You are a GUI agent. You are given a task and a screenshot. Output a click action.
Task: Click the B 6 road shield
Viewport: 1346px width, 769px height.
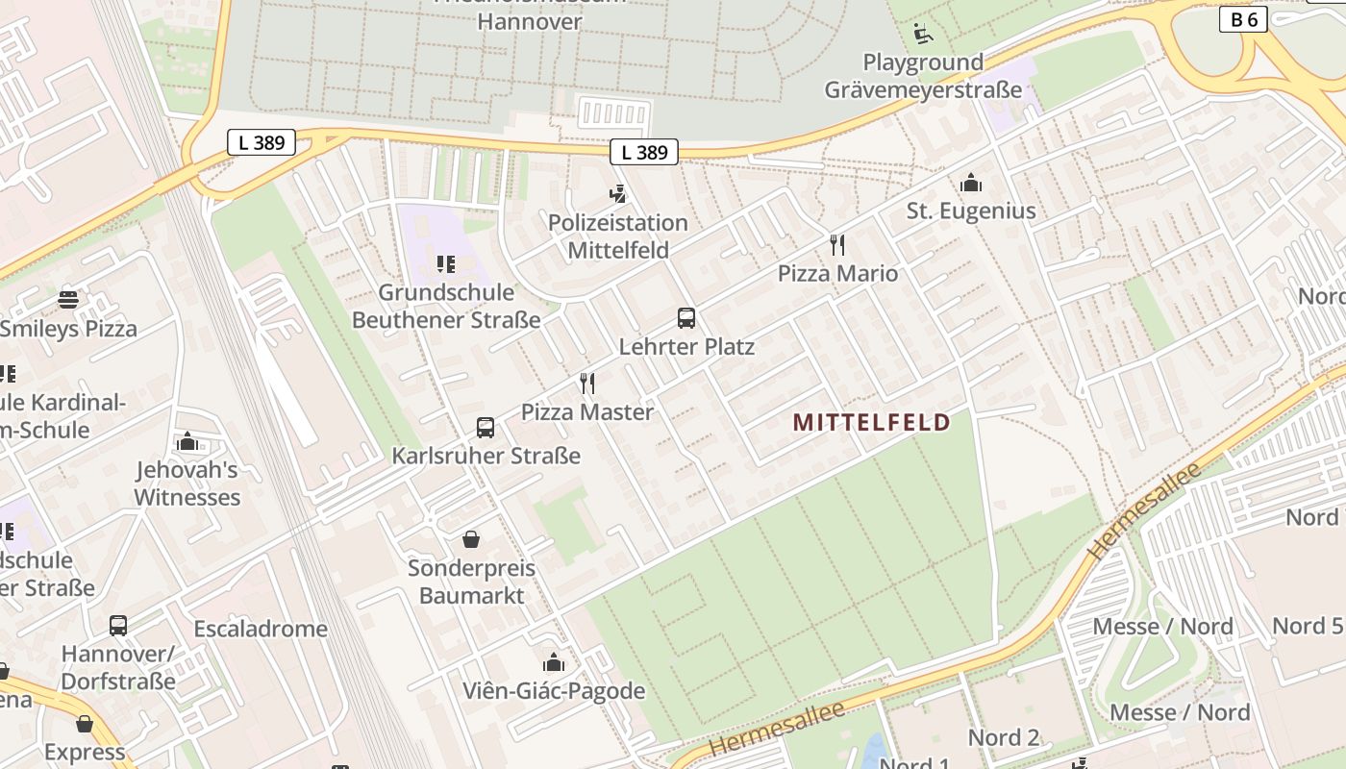tap(1243, 19)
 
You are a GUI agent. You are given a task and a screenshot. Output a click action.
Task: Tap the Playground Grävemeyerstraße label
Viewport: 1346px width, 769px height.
tap(923, 76)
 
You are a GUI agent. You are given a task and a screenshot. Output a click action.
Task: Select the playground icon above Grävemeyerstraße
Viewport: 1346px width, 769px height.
tap(923, 34)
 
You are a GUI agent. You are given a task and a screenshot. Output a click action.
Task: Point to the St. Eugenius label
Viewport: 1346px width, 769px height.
tap(971, 211)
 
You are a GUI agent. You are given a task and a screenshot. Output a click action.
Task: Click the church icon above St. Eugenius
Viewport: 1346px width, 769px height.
tap(971, 183)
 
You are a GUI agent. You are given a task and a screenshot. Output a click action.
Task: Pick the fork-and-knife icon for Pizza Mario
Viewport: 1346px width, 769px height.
tap(837, 245)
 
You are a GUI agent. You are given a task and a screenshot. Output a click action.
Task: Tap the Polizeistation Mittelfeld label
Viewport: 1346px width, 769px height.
tap(618, 236)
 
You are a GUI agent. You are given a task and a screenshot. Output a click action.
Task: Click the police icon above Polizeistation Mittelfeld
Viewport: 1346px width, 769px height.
tap(618, 194)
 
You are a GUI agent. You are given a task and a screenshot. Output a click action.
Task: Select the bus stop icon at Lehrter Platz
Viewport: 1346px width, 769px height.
tap(686, 318)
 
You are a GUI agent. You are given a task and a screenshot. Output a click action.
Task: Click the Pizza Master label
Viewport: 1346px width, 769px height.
tap(587, 411)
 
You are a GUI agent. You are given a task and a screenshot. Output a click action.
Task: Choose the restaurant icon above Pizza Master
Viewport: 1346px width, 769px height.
tap(587, 384)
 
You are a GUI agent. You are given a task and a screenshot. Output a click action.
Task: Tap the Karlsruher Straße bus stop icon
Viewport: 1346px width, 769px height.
tap(486, 428)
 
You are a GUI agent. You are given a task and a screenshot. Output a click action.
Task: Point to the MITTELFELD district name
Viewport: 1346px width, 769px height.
tap(872, 422)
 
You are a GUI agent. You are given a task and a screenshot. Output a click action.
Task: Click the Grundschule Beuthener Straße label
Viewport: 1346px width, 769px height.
tap(446, 306)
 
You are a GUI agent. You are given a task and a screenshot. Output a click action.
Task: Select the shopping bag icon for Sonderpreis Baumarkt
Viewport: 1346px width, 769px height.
tap(471, 539)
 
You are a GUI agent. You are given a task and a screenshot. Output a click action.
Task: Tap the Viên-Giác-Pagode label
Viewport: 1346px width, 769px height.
tap(554, 690)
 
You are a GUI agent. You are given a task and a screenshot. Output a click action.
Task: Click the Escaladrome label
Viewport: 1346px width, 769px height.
tap(261, 629)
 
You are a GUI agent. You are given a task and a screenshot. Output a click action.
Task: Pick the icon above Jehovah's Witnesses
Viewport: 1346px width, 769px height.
tap(187, 442)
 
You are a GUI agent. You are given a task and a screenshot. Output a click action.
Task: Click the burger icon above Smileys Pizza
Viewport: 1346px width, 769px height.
tap(68, 300)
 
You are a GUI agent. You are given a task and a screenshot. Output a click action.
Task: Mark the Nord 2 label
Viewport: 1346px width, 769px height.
tap(1004, 737)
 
